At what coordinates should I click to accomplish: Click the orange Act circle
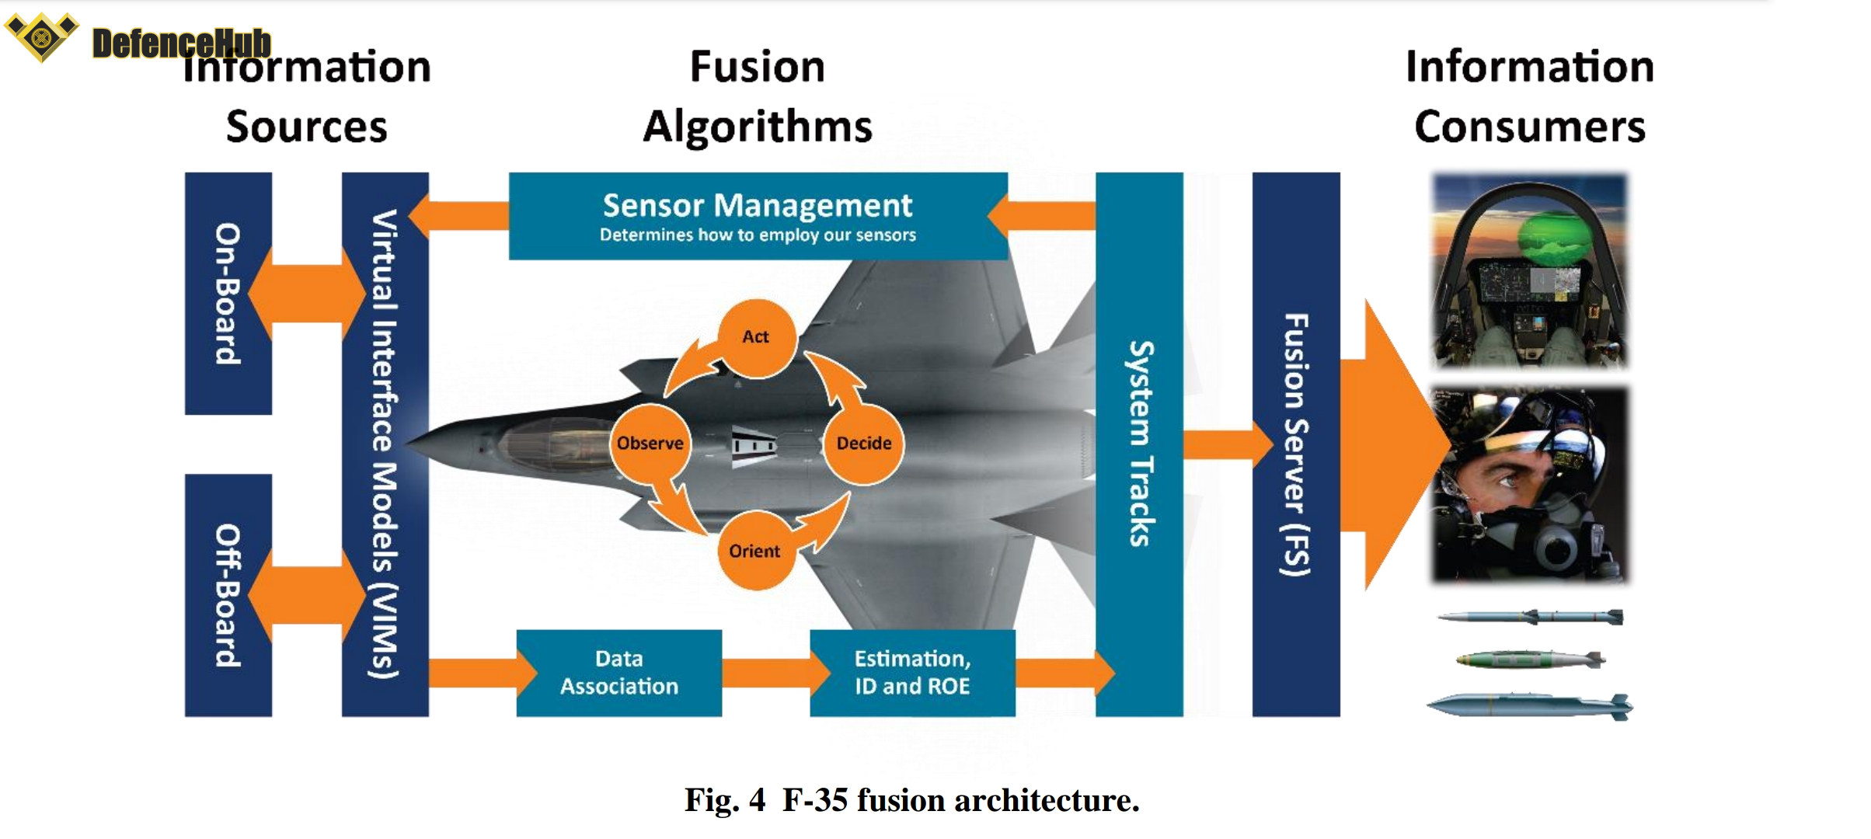756,338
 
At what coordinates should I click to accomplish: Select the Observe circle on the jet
650,444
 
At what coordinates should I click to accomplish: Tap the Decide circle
863,444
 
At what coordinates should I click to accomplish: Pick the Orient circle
754,551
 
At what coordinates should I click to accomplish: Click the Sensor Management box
758,216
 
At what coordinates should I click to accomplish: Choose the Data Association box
619,673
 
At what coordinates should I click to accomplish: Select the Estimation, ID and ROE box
912,673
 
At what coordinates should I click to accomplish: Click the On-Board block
228,294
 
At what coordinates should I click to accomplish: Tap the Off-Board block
228,595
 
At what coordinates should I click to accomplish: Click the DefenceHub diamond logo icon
42,37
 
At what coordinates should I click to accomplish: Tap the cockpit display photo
1529,270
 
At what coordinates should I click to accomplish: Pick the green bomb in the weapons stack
1529,660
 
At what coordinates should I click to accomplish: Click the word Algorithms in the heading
758,127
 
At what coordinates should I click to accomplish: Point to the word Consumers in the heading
1529,127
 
